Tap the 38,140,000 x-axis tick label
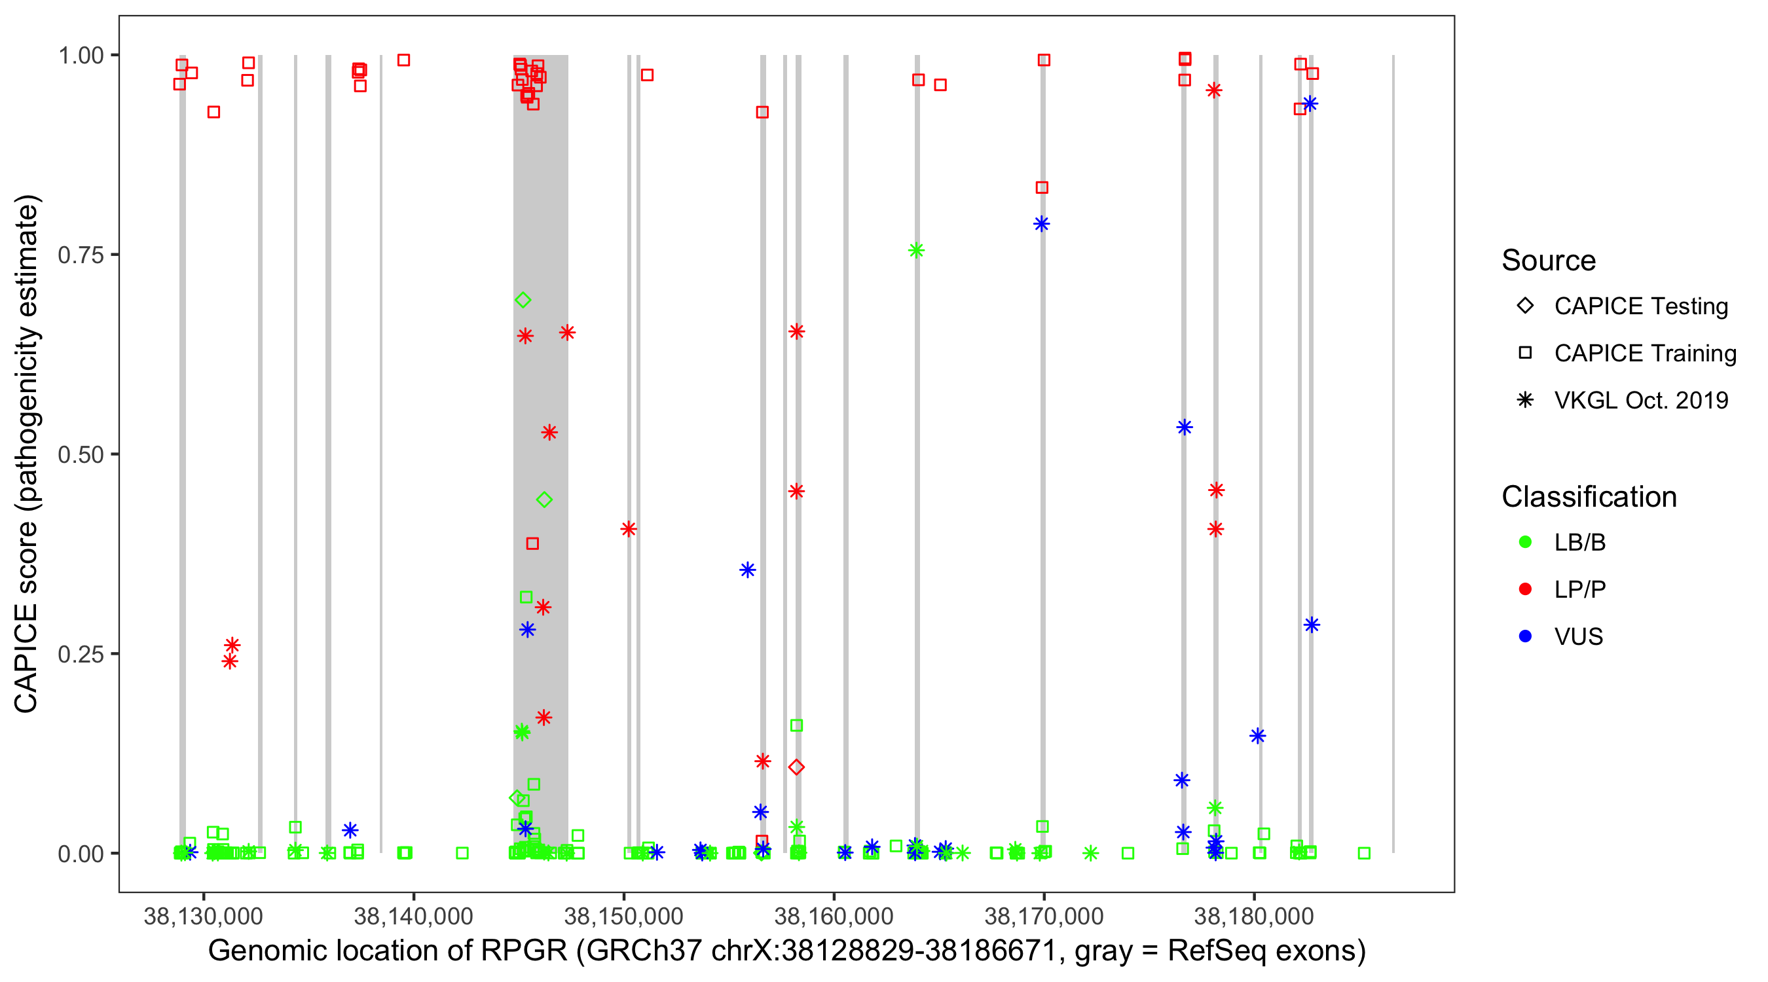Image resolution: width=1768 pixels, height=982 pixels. (413, 916)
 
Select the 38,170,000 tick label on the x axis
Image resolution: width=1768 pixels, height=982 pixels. (1043, 916)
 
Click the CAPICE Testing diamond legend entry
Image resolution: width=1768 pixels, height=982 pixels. (1525, 306)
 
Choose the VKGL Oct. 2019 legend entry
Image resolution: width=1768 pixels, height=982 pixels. (1525, 400)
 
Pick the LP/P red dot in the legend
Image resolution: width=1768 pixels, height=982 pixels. (1525, 589)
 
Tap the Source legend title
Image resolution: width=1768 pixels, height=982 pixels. (1549, 261)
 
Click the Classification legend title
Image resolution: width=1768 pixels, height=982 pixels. (1589, 497)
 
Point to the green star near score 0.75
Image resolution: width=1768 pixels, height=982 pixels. (916, 251)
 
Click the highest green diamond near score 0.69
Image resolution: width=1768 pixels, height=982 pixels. (523, 300)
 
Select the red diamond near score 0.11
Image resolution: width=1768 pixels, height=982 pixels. (796, 767)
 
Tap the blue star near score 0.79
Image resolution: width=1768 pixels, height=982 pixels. (1041, 224)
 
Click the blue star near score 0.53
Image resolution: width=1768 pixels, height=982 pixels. (1184, 427)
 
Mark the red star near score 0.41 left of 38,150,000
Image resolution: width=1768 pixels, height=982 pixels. (629, 529)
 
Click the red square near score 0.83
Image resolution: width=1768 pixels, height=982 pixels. (1042, 187)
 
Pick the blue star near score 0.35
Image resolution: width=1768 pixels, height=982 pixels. (747, 570)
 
